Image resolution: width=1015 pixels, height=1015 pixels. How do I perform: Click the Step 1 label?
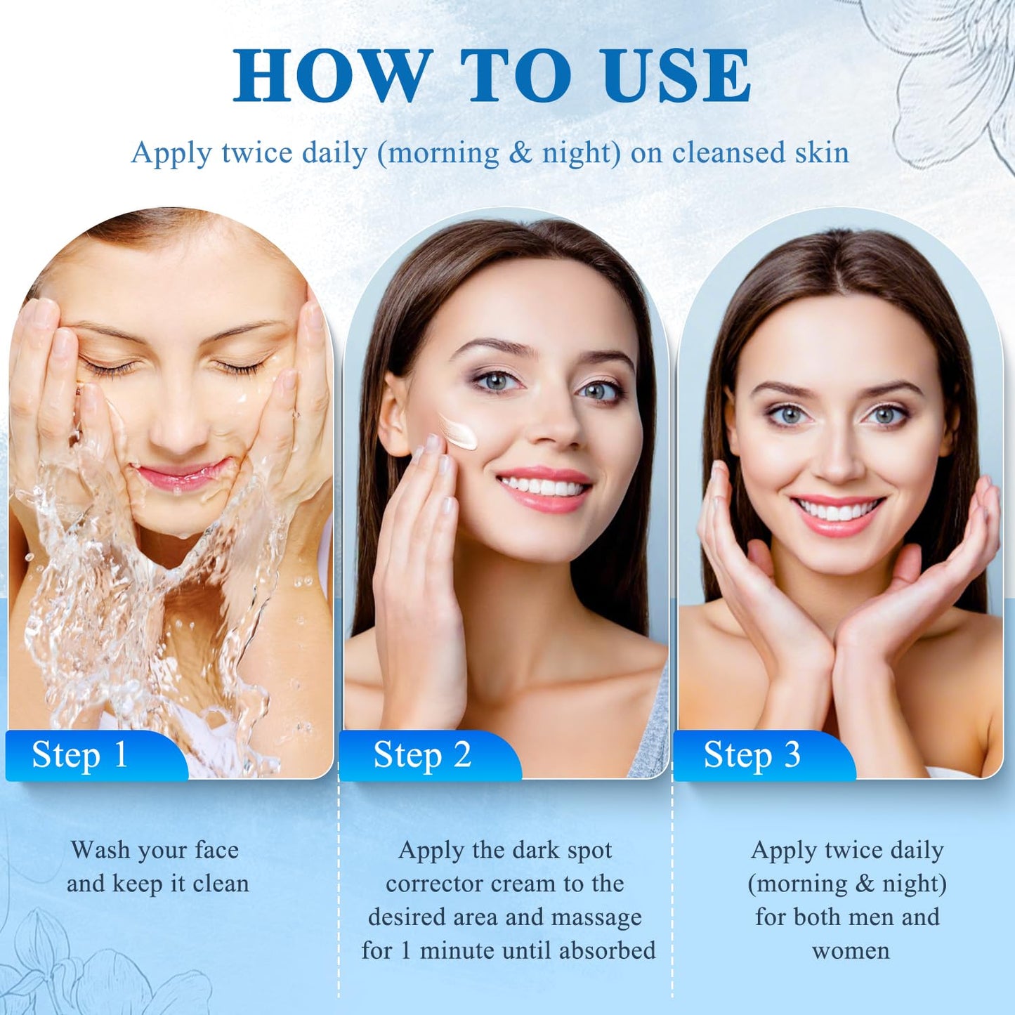pos(80,756)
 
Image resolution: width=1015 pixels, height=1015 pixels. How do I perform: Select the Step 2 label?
pos(422,756)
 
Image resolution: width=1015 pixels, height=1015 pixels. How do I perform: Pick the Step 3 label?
pos(752,756)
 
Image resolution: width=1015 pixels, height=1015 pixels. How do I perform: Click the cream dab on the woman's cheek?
pos(459,432)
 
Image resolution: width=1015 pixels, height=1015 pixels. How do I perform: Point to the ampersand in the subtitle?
pos(520,153)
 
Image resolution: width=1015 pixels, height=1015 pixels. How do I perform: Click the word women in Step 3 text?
pos(851,951)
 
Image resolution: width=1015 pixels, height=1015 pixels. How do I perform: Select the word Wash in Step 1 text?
pos(100,850)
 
